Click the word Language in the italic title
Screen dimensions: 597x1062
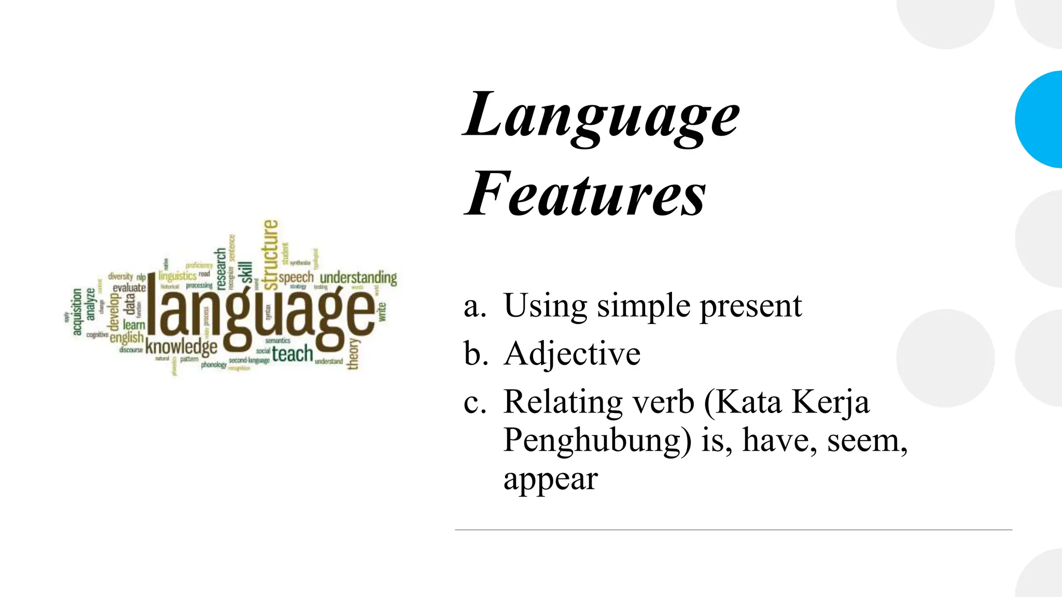click(x=602, y=115)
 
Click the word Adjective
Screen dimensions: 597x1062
click(x=572, y=354)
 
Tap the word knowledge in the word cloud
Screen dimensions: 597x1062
click(x=181, y=347)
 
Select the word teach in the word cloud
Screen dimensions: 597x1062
click(x=292, y=354)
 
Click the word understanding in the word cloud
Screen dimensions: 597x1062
click(x=358, y=278)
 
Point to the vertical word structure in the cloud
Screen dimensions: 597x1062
click(x=270, y=254)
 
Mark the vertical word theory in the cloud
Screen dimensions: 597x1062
click(x=354, y=354)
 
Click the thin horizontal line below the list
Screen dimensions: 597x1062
click(x=733, y=530)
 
